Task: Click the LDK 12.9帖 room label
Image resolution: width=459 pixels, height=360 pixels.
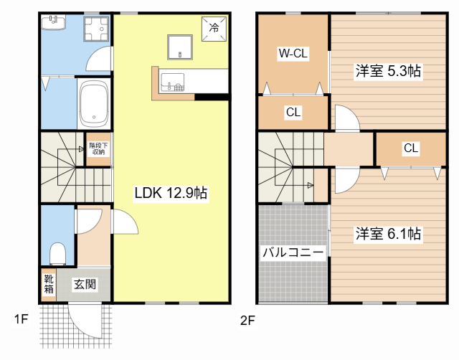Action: [x=171, y=193]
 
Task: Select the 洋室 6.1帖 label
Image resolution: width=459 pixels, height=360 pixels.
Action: [x=388, y=234]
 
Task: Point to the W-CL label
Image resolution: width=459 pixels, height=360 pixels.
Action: [x=293, y=52]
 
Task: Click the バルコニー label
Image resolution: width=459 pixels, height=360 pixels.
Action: [x=293, y=252]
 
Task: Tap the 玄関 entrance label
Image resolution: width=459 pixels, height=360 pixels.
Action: [x=85, y=284]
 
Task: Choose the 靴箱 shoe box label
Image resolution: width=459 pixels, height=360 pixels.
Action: [x=48, y=284]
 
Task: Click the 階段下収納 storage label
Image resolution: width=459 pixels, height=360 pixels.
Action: [x=98, y=149]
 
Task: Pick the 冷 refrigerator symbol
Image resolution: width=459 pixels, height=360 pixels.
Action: [x=214, y=28]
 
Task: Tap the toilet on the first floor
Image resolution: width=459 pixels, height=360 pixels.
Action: [x=57, y=252]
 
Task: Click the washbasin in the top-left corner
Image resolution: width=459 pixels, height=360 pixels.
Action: [x=52, y=23]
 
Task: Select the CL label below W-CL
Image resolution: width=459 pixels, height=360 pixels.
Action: [x=293, y=112]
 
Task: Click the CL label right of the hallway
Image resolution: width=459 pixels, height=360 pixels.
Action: [x=410, y=148]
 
